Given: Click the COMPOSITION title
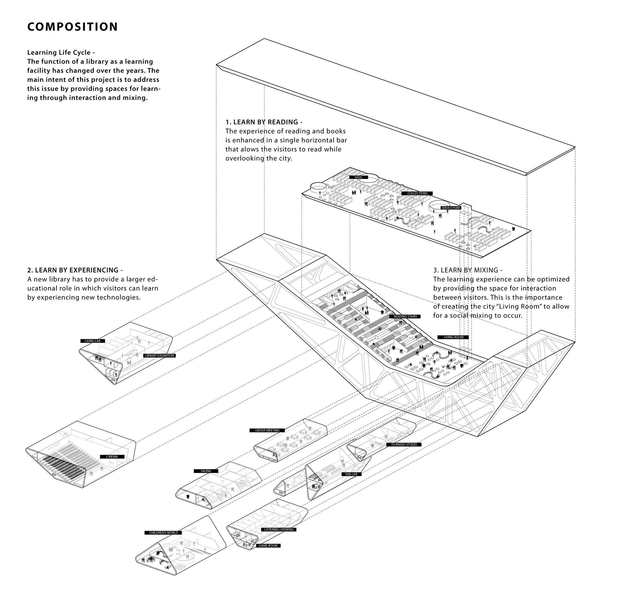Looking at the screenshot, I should [73, 27].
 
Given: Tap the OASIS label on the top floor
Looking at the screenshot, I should [358, 177].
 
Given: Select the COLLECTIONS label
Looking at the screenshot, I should [417, 194].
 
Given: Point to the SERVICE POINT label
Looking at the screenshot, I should [451, 208].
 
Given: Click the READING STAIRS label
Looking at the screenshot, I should [405, 316].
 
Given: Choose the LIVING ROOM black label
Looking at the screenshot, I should [453, 337].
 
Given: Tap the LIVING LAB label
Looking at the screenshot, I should [92, 341].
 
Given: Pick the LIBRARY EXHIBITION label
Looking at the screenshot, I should [160, 356].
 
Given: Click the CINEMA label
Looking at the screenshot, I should [112, 457].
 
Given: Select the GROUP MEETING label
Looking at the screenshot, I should [267, 430].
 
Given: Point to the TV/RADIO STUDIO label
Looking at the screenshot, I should [404, 444].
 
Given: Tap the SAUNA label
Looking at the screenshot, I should [206, 471].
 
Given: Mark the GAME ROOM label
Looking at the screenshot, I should [268, 546].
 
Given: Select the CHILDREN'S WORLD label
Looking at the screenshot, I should [163, 533].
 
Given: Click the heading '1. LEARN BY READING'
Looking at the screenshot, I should [264, 122].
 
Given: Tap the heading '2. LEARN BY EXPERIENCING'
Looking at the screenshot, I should [75, 270].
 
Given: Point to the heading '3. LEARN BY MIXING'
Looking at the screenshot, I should [467, 270].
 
